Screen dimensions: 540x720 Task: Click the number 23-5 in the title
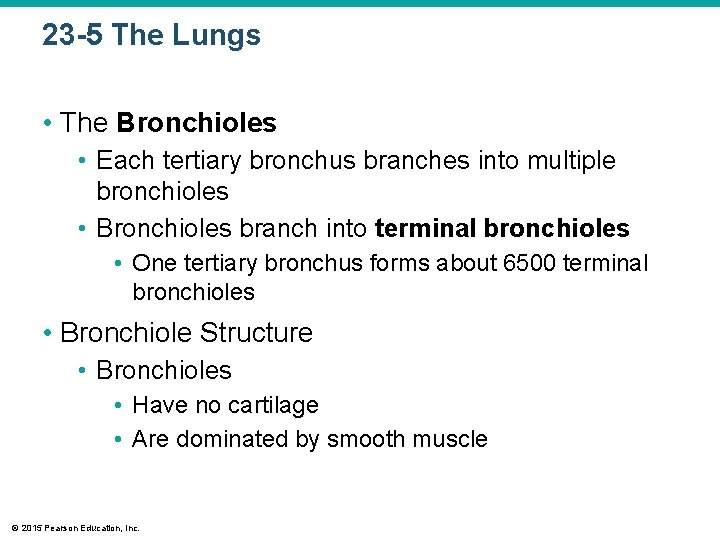pyautogui.click(x=73, y=36)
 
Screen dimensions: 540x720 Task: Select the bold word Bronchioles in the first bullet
pyautogui.click(x=196, y=123)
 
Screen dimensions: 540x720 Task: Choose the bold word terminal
pyautogui.click(x=425, y=229)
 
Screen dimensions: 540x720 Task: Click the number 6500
pyautogui.click(x=529, y=263)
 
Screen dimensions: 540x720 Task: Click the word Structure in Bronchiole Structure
pyautogui.click(x=256, y=332)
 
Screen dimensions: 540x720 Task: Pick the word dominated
pyautogui.click(x=222, y=439)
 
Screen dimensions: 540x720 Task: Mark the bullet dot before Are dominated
pyautogui.click(x=119, y=440)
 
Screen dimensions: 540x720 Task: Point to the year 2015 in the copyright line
pyautogui.click(x=29, y=528)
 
